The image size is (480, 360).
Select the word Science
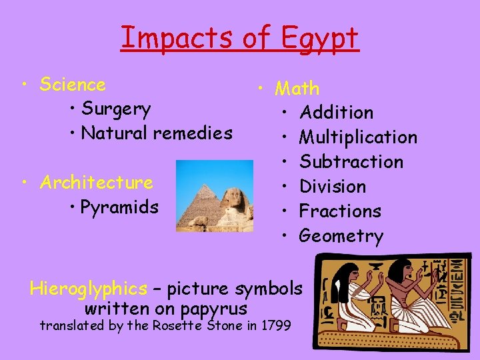73,85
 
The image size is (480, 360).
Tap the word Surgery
115,109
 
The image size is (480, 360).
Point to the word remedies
194,133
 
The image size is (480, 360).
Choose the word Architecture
96,182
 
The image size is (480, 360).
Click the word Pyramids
119,207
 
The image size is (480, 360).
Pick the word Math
297,88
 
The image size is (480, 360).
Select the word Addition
337,113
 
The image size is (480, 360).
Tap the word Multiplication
358,137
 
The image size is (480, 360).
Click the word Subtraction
351,162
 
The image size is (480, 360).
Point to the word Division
333,187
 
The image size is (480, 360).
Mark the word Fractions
340,211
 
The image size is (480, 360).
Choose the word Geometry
341,236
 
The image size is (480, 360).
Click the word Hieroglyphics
88,289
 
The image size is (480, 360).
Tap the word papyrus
215,309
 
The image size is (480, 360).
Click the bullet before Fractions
285,211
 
